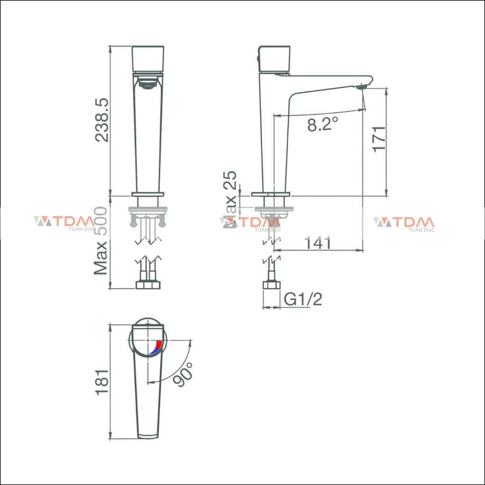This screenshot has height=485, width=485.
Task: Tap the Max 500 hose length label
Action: coord(101,241)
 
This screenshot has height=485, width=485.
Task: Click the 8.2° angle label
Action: coord(322,124)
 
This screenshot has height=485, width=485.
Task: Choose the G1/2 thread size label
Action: coord(303,299)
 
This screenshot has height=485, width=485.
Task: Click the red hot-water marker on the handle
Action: coord(159,345)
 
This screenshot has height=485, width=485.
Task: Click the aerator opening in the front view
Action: coord(148,84)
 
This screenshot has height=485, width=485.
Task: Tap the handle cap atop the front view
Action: coord(148,58)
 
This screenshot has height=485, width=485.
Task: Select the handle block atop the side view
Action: coord(274,59)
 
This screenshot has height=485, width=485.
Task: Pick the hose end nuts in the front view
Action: coord(148,285)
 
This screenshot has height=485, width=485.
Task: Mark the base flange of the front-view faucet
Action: coord(148,194)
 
